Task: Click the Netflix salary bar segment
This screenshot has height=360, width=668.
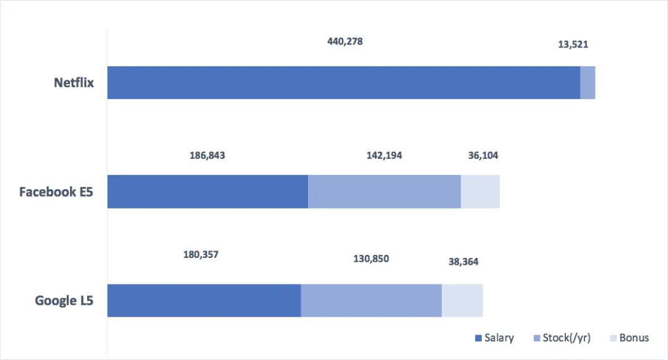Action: (343, 82)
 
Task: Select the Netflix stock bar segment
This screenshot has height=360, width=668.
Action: (588, 82)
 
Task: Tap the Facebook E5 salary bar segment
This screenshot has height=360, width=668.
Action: (207, 191)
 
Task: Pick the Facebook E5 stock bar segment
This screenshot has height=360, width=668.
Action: (384, 191)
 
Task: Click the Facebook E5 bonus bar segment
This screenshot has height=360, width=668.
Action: (480, 191)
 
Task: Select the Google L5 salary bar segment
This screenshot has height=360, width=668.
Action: (204, 301)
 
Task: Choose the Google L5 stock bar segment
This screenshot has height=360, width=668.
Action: (371, 301)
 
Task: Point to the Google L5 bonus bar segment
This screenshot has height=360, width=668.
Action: (462, 301)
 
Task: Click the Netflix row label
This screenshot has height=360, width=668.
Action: (74, 82)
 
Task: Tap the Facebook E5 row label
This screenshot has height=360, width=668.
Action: (56, 192)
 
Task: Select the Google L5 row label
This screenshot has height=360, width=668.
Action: (64, 301)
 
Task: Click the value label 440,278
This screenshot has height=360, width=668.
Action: (345, 42)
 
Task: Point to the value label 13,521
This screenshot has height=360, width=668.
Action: (573, 44)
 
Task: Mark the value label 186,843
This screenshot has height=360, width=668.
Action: (207, 155)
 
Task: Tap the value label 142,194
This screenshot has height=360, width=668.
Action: (384, 155)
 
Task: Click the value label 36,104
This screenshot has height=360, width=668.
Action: (483, 155)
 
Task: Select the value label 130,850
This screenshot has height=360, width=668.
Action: (371, 259)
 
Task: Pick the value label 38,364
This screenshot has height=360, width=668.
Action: (463, 262)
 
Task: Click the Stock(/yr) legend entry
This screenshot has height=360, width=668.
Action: (562, 338)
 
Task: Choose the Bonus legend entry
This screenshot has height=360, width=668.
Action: (629, 338)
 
